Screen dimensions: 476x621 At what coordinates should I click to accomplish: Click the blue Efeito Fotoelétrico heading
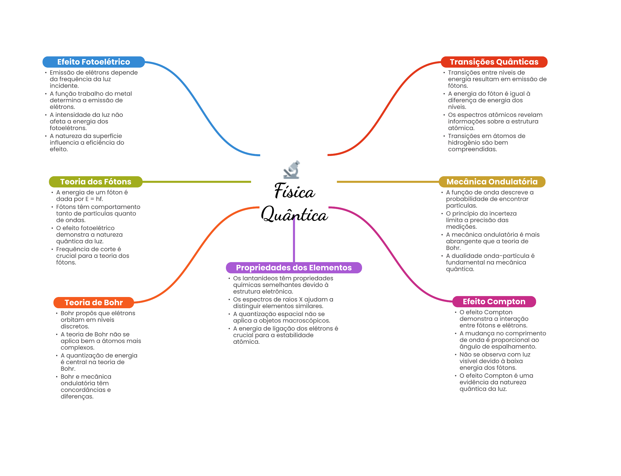click(93, 62)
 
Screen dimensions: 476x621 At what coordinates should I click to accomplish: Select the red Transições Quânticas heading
click(494, 62)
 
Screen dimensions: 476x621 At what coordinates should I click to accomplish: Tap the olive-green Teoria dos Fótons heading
click(96, 182)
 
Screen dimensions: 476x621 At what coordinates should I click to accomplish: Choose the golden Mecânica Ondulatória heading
click(492, 182)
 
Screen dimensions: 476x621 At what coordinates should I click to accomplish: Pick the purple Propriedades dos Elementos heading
click(294, 268)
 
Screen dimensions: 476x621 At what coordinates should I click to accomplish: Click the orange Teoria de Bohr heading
click(94, 302)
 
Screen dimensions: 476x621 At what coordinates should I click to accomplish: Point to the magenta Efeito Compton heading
click(494, 302)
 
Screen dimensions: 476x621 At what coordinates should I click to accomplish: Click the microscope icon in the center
click(292, 170)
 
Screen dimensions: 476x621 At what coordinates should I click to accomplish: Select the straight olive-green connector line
click(197, 182)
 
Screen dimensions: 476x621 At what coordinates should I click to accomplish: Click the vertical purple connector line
click(294, 240)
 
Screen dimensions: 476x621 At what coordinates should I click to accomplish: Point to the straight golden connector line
click(388, 182)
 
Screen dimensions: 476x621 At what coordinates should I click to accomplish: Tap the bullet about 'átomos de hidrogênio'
click(486, 143)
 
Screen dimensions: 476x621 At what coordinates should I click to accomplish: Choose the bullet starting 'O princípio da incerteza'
click(481, 220)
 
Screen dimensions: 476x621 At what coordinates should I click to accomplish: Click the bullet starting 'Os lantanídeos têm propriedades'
click(283, 285)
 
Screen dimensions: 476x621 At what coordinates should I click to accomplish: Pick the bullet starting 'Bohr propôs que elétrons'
click(98, 320)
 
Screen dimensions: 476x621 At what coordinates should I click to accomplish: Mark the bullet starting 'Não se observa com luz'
click(494, 361)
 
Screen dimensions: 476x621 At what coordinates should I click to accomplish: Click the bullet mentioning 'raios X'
click(283, 303)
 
